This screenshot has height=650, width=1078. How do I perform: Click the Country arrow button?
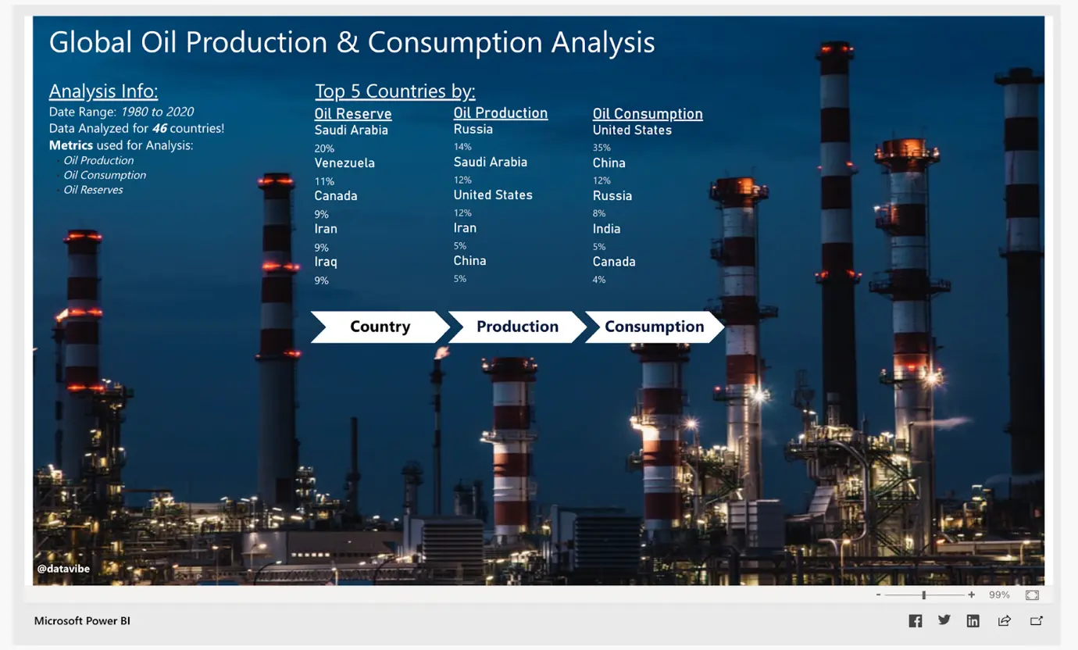[x=380, y=327]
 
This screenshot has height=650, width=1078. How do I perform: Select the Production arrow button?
[x=517, y=327]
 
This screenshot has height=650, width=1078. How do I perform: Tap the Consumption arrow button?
[x=655, y=327]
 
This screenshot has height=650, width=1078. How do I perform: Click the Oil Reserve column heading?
[x=353, y=114]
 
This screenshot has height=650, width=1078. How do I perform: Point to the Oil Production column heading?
[x=501, y=113]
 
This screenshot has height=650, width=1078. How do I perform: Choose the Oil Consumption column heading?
[x=648, y=114]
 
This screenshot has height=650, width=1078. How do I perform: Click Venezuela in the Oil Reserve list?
[x=344, y=162]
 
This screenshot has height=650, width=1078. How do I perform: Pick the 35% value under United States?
[x=601, y=148]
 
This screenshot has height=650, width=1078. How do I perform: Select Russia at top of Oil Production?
[x=473, y=129]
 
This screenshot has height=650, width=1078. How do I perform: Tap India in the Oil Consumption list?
[x=606, y=229]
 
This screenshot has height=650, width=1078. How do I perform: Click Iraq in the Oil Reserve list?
[x=326, y=262]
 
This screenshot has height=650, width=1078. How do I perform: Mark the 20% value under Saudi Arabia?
[x=324, y=148]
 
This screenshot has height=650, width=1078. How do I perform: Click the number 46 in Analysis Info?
[x=160, y=129]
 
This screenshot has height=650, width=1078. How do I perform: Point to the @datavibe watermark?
[x=63, y=569]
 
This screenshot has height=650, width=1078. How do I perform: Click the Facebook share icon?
[x=916, y=621]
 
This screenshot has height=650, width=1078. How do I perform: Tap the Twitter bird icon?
[x=944, y=620]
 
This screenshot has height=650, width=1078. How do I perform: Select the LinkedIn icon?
[x=973, y=621]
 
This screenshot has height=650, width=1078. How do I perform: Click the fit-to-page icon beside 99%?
[x=1032, y=595]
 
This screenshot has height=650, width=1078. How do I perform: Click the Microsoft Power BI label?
[x=82, y=621]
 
